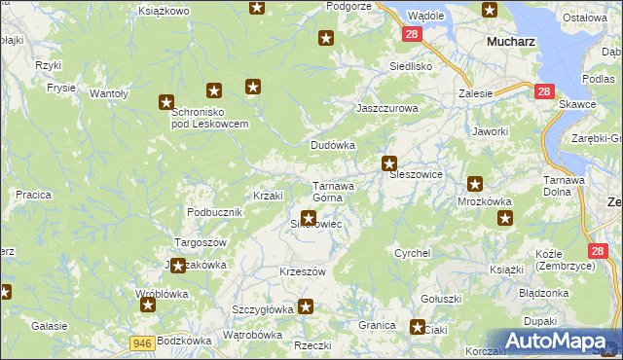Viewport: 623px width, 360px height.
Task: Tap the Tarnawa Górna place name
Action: click(339, 191)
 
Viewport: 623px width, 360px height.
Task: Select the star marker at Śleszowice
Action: click(389, 162)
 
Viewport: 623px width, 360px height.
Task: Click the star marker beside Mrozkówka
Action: click(475, 183)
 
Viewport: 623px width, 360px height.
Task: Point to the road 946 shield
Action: click(143, 342)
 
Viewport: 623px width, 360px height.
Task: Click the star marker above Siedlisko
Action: click(326, 39)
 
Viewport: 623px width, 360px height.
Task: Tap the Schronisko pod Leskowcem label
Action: click(203, 118)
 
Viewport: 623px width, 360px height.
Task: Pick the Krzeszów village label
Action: click(302, 271)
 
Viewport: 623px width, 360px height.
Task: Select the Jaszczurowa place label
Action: click(386, 108)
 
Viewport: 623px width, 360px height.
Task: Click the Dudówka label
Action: click(332, 145)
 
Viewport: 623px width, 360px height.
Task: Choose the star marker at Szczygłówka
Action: click(306, 307)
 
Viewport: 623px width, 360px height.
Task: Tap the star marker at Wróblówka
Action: click(148, 305)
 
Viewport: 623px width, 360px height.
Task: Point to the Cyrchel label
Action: click(412, 253)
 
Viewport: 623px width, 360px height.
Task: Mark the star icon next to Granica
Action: click(418, 328)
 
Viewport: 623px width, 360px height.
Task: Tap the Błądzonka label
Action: click(543, 292)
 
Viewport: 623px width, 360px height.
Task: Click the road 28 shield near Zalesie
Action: click(544, 91)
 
